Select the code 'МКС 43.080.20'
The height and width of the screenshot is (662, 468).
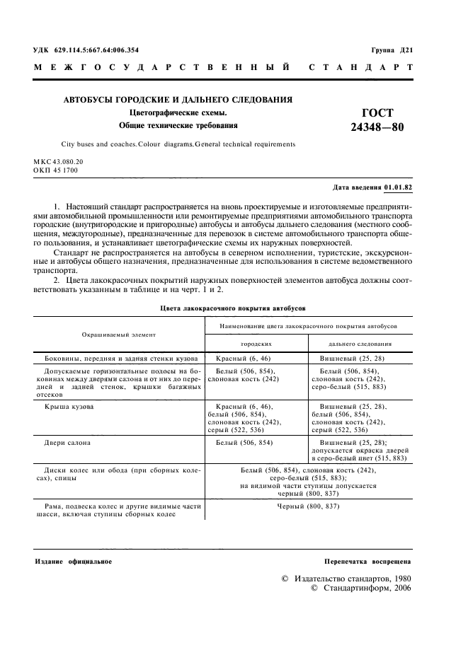pyautogui.click(x=59, y=162)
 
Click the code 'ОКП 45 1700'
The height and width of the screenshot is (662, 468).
pyautogui.click(x=56, y=170)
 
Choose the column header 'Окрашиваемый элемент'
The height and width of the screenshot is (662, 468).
pyautogui.click(x=119, y=333)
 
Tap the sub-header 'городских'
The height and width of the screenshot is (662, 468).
pyautogui.click(x=256, y=344)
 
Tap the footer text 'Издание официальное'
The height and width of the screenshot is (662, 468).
pyautogui.click(x=74, y=561)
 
